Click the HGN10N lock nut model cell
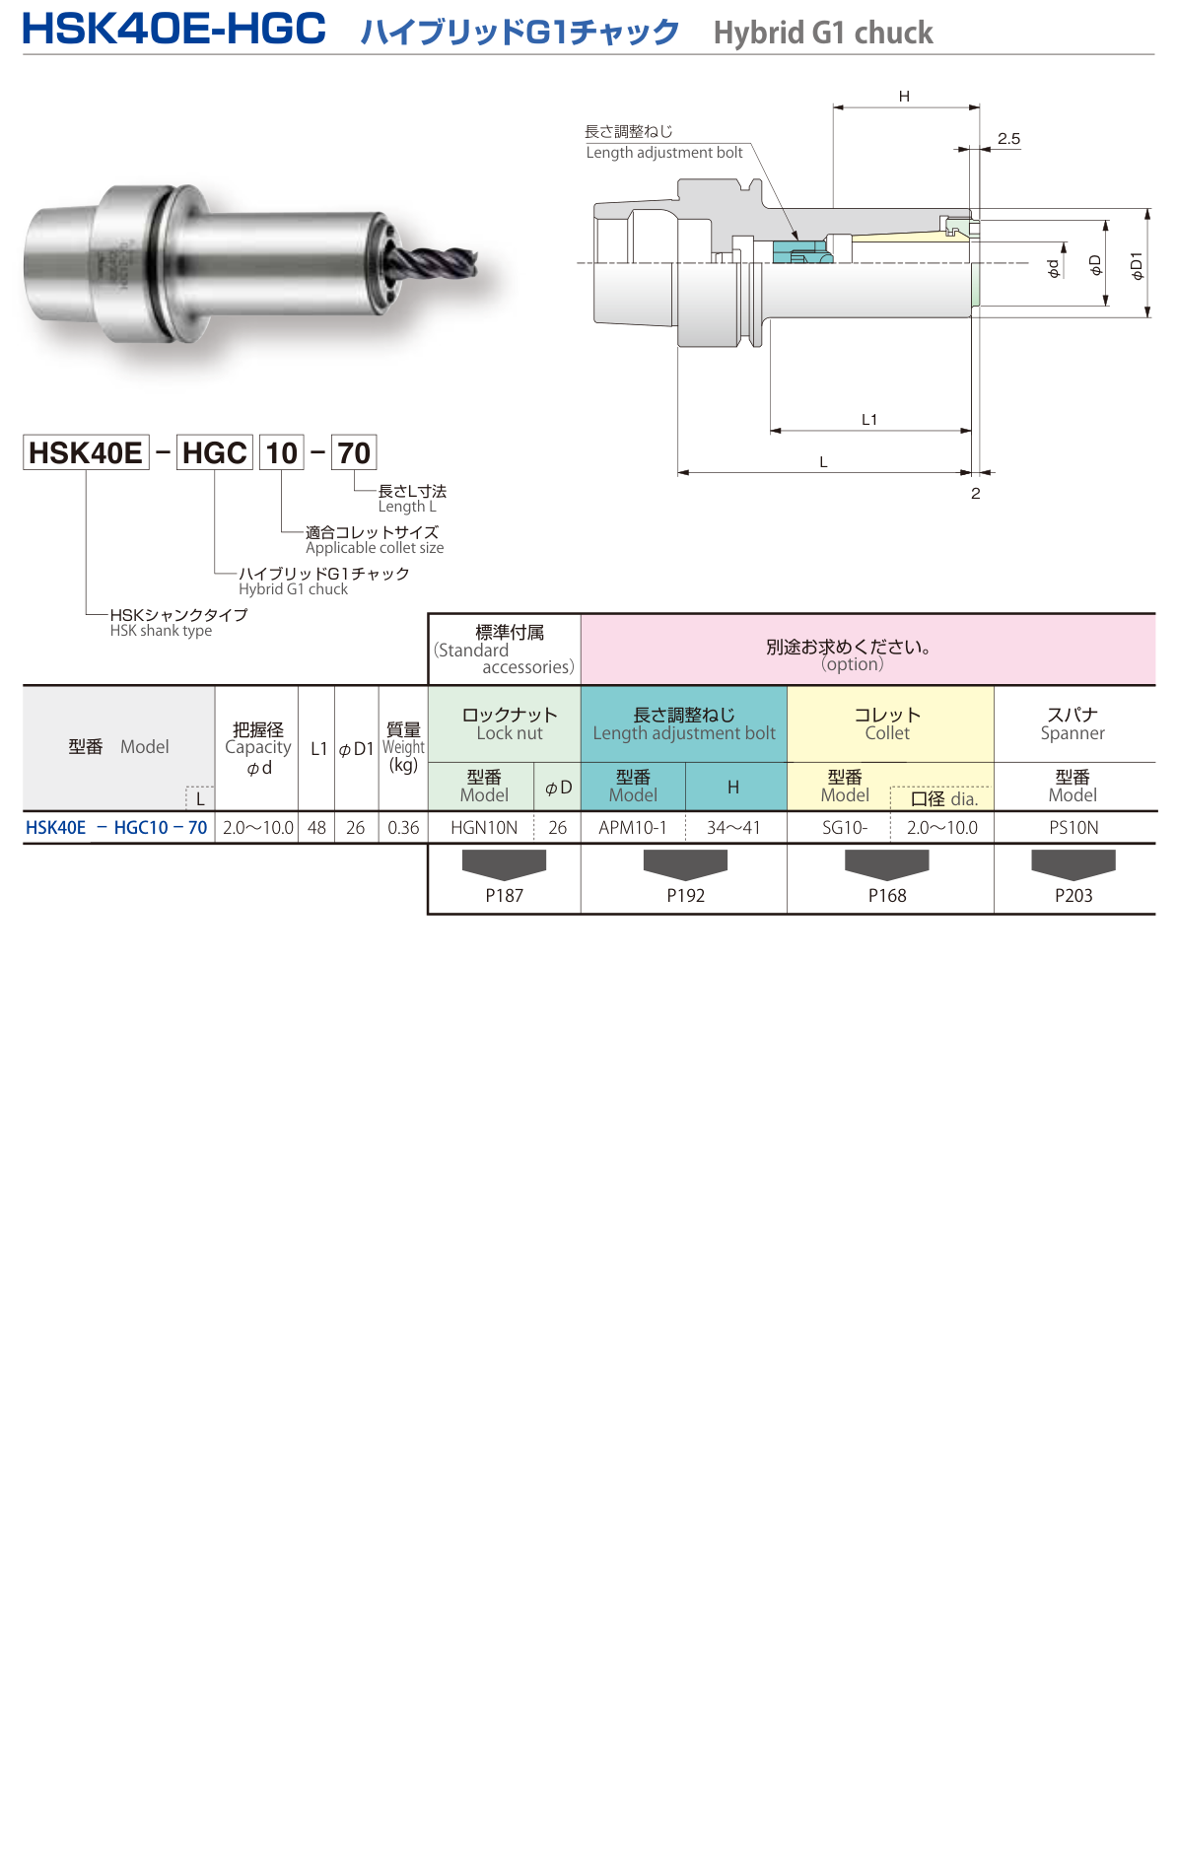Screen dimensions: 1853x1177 pos(483,828)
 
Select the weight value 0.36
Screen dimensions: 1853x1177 pos(403,828)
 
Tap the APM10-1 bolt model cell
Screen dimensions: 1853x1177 pos(633,828)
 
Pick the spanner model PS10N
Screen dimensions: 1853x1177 pos(1073,828)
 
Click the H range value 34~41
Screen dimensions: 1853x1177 pos(733,828)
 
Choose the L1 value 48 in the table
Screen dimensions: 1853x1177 pos(316,828)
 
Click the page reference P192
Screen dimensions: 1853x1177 pos(685,895)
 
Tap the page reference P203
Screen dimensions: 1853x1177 pos(1073,895)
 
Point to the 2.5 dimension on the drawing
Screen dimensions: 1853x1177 pos(1008,139)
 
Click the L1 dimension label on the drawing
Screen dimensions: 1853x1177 pos(869,420)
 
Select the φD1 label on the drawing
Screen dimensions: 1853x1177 pos(1137,265)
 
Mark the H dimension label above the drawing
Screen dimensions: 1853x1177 pos(904,97)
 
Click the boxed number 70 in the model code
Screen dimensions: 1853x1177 pos(354,452)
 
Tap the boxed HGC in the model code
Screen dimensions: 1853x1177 pos(215,452)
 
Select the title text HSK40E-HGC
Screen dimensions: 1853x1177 pos(174,29)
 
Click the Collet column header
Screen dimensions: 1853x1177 pos(888,723)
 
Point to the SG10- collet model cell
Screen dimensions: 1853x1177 pos(845,828)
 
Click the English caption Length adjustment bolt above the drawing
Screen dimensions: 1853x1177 pos(664,153)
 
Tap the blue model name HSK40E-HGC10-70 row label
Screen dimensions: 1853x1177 pos(116,828)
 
